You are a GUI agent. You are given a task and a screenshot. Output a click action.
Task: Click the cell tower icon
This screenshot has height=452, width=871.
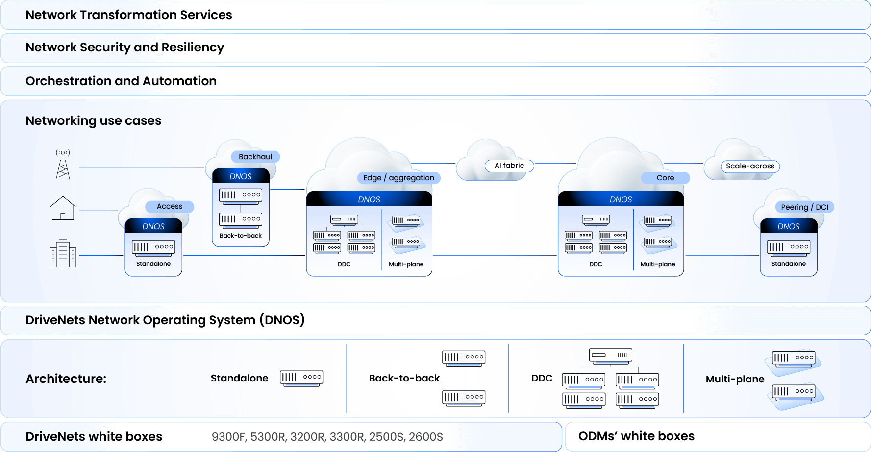[x=63, y=165]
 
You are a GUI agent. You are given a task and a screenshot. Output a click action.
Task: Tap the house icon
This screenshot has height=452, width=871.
[x=63, y=208]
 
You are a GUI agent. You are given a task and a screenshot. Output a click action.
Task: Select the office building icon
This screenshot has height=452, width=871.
[x=63, y=253]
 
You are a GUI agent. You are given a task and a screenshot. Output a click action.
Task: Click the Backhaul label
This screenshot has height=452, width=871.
[x=255, y=157]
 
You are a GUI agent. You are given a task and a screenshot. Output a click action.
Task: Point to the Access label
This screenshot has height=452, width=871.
[x=170, y=206]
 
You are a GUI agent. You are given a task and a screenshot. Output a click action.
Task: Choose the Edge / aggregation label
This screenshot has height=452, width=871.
[x=398, y=178]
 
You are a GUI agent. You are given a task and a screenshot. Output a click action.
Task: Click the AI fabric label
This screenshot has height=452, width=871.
[x=509, y=166]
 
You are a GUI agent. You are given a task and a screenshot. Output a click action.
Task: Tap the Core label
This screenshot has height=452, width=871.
[x=665, y=178]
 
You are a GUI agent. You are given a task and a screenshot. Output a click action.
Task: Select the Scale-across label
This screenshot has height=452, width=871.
[x=750, y=166]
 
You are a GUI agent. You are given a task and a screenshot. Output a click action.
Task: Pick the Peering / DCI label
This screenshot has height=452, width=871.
[x=804, y=207]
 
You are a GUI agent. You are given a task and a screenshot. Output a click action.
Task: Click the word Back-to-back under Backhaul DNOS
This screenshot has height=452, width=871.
[x=241, y=236]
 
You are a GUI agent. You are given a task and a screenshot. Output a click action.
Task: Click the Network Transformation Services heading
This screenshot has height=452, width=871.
[x=129, y=15]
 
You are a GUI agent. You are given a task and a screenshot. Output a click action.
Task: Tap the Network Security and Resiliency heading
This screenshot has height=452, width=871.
[x=124, y=48]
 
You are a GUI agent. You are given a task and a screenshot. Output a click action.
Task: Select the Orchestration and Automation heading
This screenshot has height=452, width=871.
[x=121, y=81]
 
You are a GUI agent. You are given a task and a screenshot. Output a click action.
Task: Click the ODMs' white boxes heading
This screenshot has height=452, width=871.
[x=636, y=436]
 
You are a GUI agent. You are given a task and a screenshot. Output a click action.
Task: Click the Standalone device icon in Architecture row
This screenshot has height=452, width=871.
[x=301, y=378]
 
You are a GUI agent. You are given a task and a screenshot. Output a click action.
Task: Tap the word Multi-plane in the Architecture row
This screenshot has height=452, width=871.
[x=735, y=379]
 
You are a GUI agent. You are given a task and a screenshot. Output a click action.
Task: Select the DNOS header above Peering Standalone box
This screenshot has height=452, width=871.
[x=788, y=226]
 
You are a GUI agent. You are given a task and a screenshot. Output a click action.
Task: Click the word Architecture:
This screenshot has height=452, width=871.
[x=66, y=379]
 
